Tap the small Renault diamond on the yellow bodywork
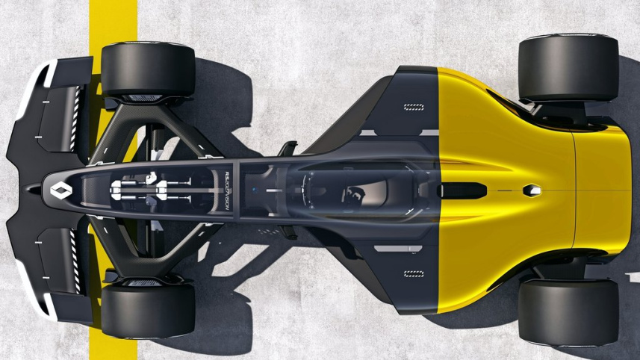coord(531,190)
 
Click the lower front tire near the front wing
coord(147,310)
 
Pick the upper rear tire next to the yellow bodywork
coord(568,68)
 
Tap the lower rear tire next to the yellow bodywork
coord(568,312)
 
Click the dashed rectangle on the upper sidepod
coord(413,107)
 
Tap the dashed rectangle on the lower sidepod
coord(413,274)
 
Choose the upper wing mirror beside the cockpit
coord(287,147)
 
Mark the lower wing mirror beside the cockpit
coord(288,234)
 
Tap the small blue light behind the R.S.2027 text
coord(253,190)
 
